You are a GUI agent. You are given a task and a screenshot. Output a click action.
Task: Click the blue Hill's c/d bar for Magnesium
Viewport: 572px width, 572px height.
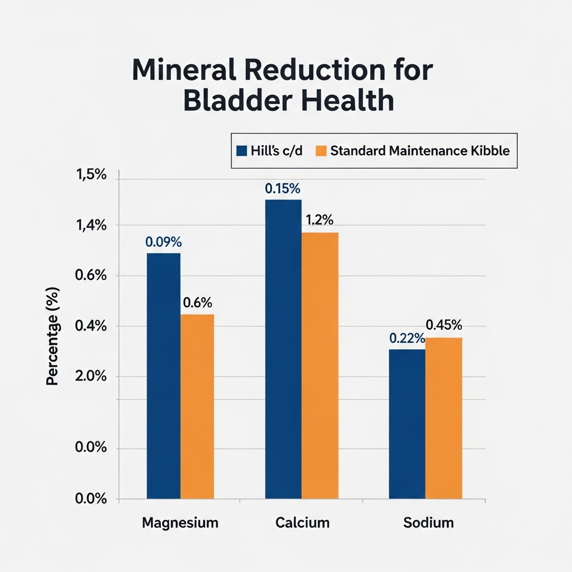pyautogui.click(x=163, y=375)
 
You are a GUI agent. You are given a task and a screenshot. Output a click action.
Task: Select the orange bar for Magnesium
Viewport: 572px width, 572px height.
pyautogui.click(x=197, y=406)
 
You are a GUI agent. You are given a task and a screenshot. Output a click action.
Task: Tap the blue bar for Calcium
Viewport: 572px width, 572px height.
pyautogui.click(x=283, y=349)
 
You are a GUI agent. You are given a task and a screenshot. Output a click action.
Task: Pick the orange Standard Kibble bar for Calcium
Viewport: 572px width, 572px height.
pyautogui.click(x=320, y=365)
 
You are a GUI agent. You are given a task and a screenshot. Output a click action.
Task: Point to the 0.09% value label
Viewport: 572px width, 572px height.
pyautogui.click(x=163, y=242)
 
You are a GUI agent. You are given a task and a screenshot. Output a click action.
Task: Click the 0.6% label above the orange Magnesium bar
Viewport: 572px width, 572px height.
pyautogui.click(x=197, y=303)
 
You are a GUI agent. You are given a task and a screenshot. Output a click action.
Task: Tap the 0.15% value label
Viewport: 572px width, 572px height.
pyautogui.click(x=283, y=189)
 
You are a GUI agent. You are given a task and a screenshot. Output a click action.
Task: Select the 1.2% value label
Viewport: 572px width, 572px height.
pyautogui.click(x=320, y=221)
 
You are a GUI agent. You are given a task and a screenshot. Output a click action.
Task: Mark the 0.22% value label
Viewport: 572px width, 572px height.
pyautogui.click(x=407, y=339)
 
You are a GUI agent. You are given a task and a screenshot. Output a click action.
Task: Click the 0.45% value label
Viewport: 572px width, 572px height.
pyautogui.click(x=444, y=325)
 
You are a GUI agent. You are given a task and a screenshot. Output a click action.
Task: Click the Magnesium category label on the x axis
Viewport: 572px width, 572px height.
pyautogui.click(x=180, y=523)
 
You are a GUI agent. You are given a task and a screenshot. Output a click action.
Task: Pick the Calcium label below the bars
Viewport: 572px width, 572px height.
pyautogui.click(x=302, y=523)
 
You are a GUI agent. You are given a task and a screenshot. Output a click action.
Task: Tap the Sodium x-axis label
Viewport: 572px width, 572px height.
pyautogui.click(x=428, y=523)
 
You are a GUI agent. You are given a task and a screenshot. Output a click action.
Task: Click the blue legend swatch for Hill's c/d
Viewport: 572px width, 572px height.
pyautogui.click(x=242, y=151)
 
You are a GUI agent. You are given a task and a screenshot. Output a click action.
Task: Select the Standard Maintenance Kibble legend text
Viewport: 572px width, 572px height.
pyautogui.click(x=420, y=151)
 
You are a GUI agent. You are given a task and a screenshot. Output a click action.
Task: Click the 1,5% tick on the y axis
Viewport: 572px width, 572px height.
pyautogui.click(x=90, y=175)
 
